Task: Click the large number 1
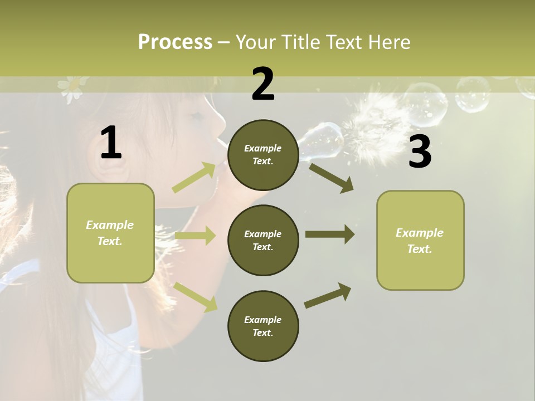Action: click(x=111, y=143)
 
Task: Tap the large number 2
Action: click(x=263, y=84)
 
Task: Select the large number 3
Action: click(x=420, y=152)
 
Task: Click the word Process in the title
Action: click(x=175, y=42)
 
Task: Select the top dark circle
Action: click(x=263, y=155)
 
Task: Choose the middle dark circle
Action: click(x=263, y=240)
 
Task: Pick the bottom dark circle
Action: click(x=263, y=326)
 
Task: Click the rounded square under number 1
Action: click(x=110, y=233)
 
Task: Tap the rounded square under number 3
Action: click(x=420, y=240)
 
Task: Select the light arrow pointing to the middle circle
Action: click(x=196, y=236)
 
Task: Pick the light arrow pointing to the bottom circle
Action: click(x=196, y=296)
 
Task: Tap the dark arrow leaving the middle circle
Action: click(x=330, y=234)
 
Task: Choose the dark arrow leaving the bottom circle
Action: click(x=328, y=295)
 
